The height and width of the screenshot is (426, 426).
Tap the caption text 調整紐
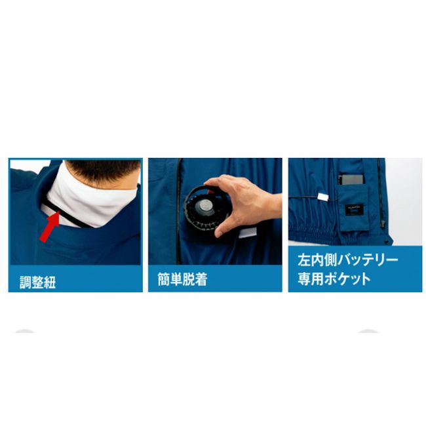38,282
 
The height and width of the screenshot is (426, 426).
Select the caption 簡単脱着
183,279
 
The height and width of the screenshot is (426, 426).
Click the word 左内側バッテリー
348,260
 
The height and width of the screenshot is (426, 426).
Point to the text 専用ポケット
334,279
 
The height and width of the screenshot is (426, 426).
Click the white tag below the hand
248,233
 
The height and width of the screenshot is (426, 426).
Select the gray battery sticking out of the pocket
351,180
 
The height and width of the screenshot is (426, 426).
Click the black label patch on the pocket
355,210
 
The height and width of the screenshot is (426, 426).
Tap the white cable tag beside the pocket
323,197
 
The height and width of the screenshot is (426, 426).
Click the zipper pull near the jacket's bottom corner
383,223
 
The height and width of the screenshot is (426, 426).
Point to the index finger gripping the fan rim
218,183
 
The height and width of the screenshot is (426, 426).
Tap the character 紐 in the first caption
50,282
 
